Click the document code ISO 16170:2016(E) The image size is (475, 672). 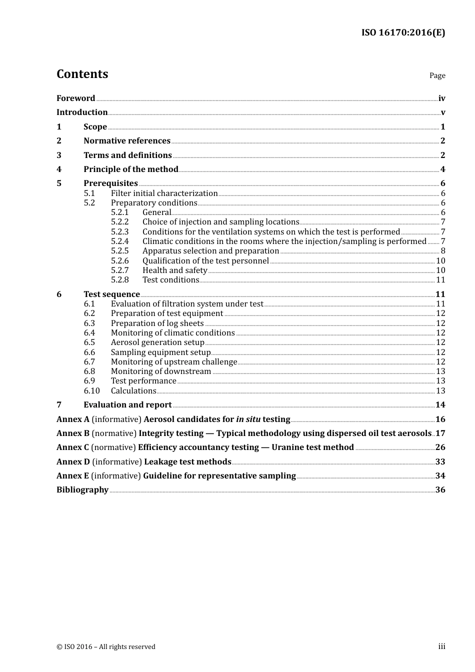(x=403, y=32)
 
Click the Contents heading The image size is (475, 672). (x=82, y=74)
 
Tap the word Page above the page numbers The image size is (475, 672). (x=437, y=75)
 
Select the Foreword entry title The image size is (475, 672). (x=75, y=98)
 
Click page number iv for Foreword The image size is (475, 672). (x=441, y=98)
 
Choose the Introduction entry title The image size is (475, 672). (x=82, y=112)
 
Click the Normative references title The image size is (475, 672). (x=127, y=141)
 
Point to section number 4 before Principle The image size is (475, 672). (x=59, y=169)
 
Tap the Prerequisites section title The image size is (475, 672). (x=110, y=183)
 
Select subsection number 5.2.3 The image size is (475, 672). (x=119, y=232)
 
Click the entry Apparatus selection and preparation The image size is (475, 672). (x=210, y=251)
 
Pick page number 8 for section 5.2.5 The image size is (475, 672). (x=442, y=251)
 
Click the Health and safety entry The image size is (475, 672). (x=174, y=270)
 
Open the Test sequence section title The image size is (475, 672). (x=111, y=294)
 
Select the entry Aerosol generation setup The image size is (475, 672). (x=157, y=342)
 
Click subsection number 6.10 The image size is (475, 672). (x=91, y=391)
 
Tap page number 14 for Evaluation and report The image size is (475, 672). (x=440, y=405)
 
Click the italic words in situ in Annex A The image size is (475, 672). (x=248, y=419)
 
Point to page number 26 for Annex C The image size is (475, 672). (x=440, y=447)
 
